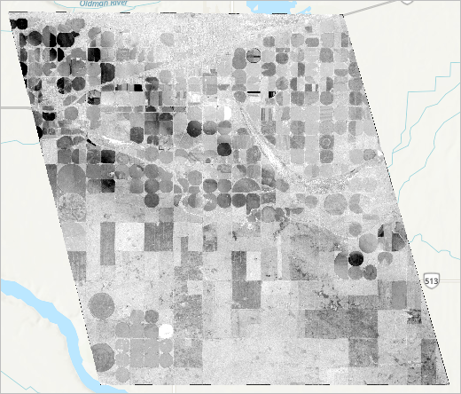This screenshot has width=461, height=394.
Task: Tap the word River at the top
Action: coord(93,3)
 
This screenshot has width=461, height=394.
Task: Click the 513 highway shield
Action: coord(429,281)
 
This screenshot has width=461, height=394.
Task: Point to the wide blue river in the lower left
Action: coord(44,311)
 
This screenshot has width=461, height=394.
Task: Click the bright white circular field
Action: coord(165,332)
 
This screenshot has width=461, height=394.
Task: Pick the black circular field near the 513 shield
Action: coord(356,259)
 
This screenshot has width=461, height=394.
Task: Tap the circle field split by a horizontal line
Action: coord(252,57)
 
